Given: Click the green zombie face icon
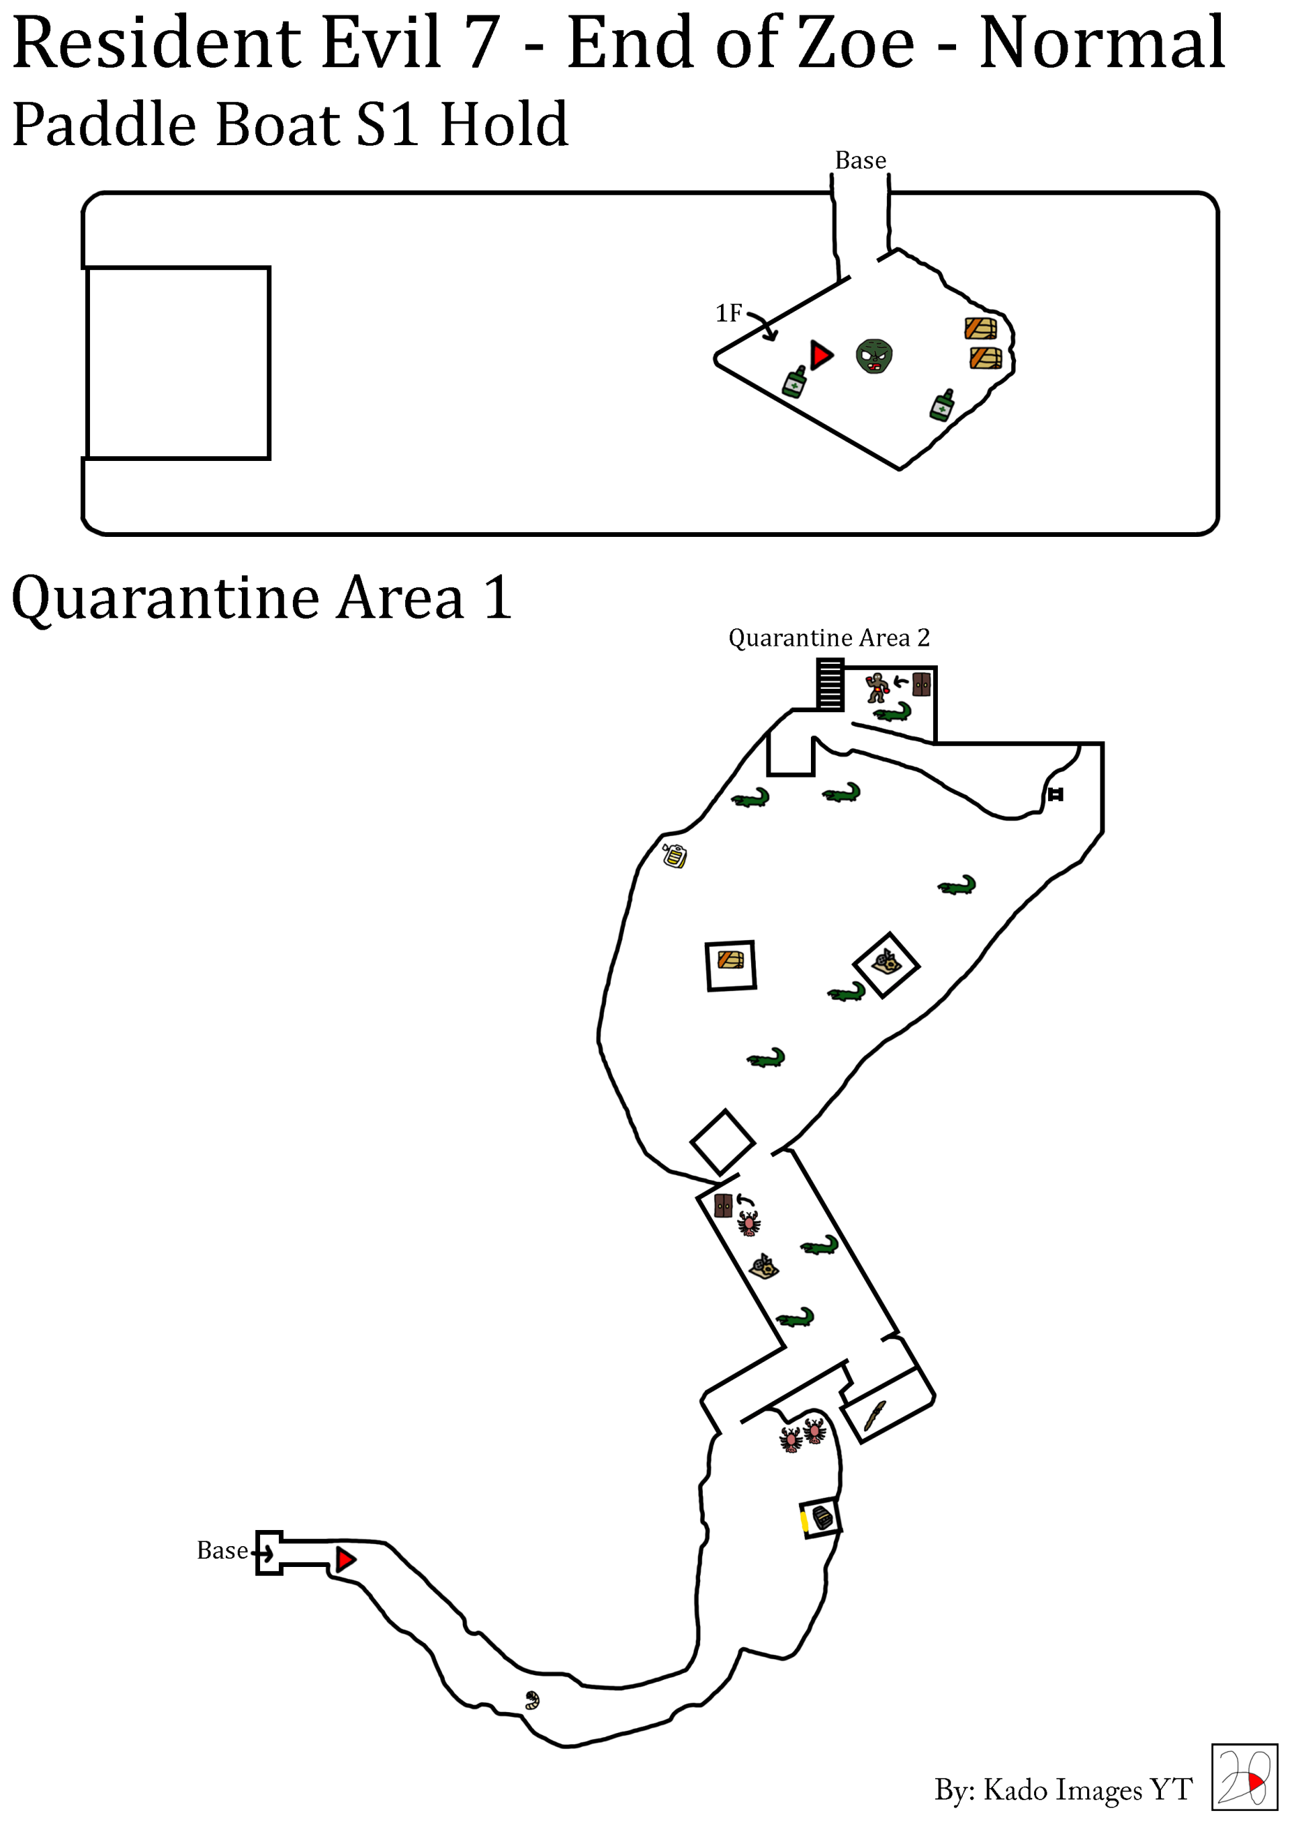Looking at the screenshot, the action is click(x=873, y=356).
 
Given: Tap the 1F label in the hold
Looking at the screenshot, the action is click(x=728, y=313).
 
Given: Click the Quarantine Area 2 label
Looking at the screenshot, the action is click(x=828, y=638).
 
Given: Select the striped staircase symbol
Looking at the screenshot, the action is click(x=830, y=683).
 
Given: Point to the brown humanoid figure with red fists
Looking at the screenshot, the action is click(x=876, y=687).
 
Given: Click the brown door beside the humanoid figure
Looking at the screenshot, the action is click(x=920, y=683).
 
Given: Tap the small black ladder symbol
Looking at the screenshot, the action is click(x=1055, y=794).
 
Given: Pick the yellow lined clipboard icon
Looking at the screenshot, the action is click(x=675, y=855).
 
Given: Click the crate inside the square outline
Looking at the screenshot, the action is click(x=730, y=960).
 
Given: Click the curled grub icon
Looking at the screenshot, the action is click(x=531, y=1700).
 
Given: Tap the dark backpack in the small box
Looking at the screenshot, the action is click(x=822, y=1518).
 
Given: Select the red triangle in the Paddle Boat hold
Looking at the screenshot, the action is click(x=821, y=355).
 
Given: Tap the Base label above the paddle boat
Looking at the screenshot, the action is click(x=860, y=161).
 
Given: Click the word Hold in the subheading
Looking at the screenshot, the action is click(x=504, y=125).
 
